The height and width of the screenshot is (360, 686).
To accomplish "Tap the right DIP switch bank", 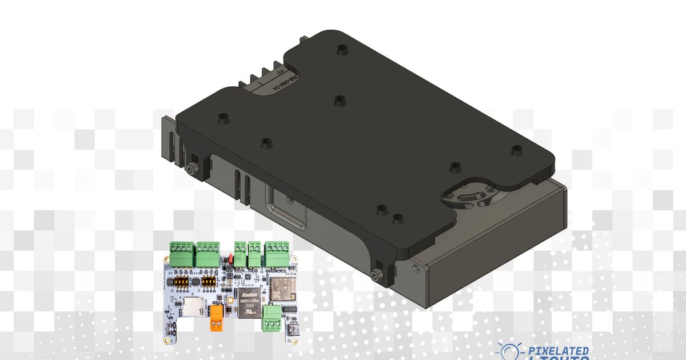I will tap(208, 282).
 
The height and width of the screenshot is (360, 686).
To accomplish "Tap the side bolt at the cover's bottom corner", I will tap(376, 276).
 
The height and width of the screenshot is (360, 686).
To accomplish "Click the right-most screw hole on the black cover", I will tap(516, 150).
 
